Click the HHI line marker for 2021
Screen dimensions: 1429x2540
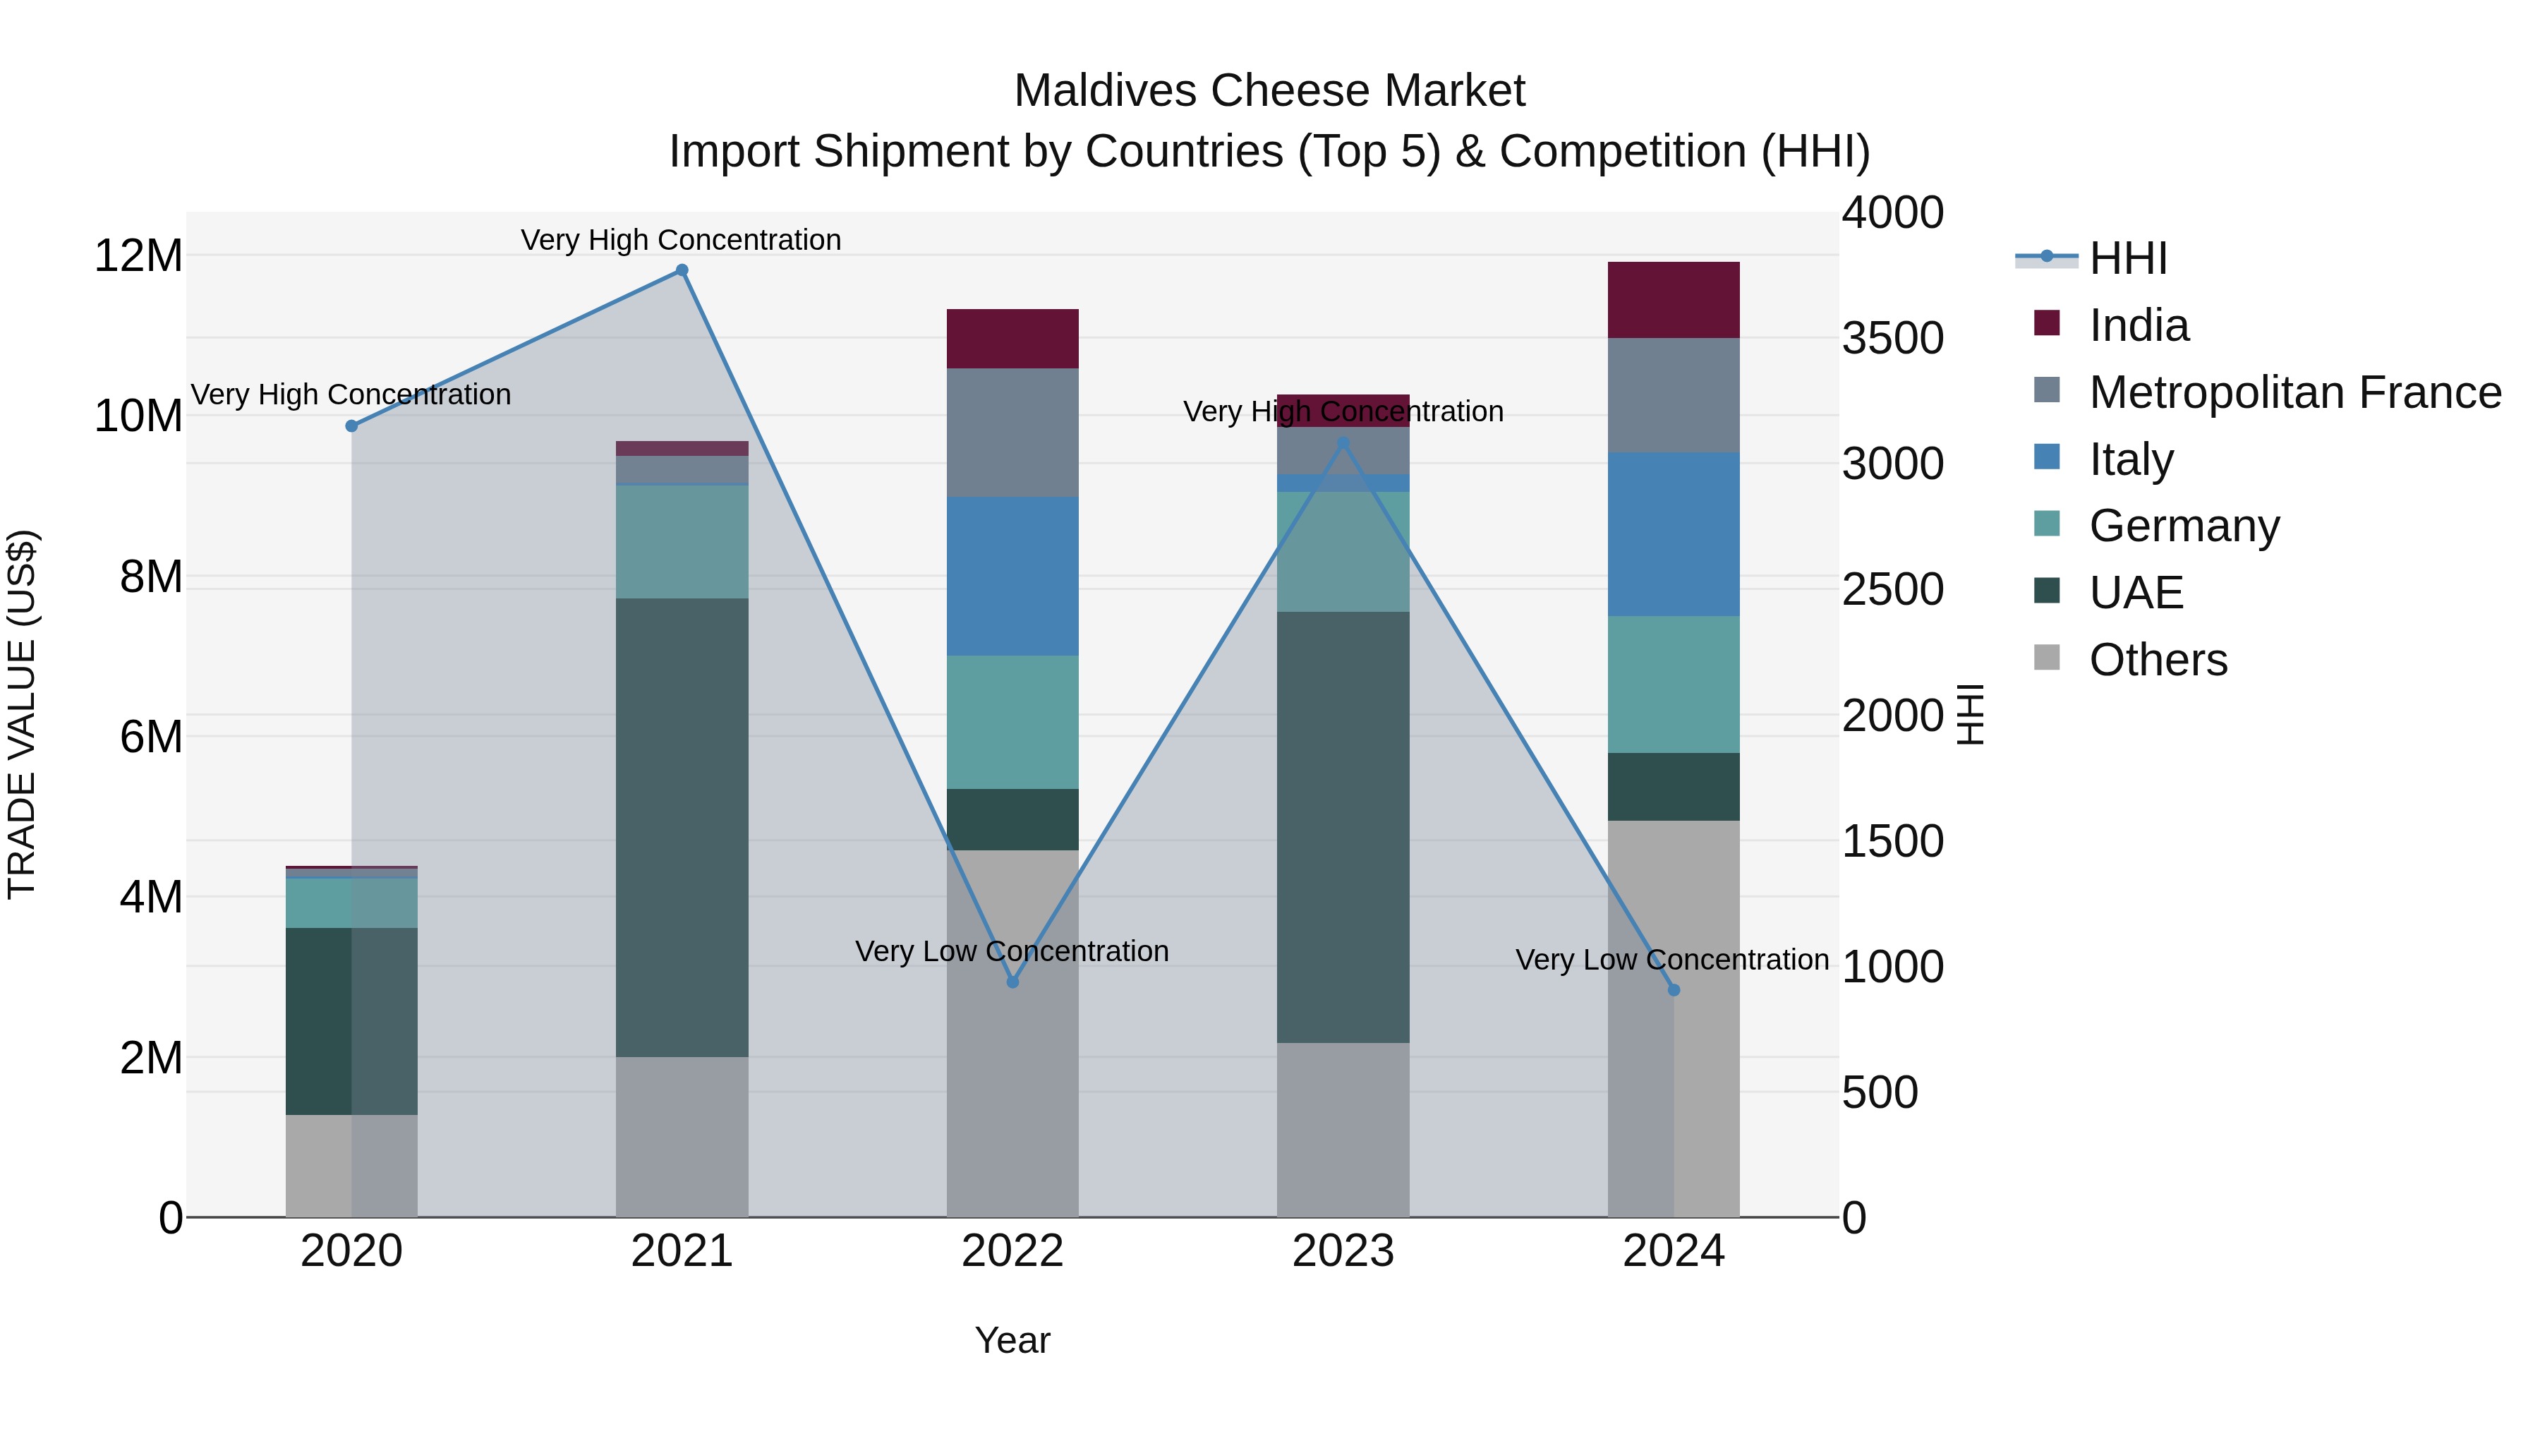coord(682,270)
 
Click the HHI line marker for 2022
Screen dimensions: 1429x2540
coord(1012,982)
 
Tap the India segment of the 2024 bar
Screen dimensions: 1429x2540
coord(1674,300)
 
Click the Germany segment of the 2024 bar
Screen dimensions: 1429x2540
coord(1674,685)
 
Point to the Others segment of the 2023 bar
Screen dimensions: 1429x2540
coord(1342,1129)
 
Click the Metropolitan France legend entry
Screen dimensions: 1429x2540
coord(2294,392)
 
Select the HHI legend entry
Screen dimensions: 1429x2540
coord(2127,258)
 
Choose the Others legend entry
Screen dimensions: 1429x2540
coord(2158,660)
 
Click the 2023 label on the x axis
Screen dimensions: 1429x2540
coord(1342,1251)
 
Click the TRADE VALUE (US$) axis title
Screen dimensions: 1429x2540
coord(22,714)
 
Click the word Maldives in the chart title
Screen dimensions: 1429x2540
coord(1104,91)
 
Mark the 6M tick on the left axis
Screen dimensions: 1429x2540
coord(150,737)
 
